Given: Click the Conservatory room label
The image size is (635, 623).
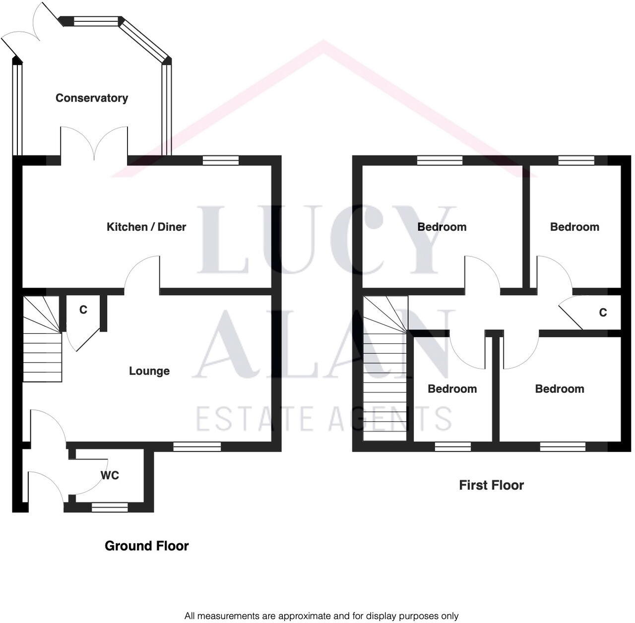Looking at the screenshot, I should [92, 98].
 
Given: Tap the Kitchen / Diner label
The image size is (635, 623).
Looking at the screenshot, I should [146, 227].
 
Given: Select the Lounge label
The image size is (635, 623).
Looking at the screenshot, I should [149, 371].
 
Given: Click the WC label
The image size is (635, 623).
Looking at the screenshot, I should [110, 475].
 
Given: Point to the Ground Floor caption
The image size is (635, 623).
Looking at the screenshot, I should [147, 546].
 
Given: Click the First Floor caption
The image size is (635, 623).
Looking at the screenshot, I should [491, 485].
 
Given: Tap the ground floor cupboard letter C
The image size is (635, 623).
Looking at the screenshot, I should [83, 310].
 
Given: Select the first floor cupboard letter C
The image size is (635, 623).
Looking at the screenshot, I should [603, 312].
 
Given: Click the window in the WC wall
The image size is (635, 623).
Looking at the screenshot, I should [109, 507].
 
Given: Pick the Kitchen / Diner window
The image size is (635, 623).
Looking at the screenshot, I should [220, 160].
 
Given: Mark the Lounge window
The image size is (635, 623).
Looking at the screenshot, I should [197, 447].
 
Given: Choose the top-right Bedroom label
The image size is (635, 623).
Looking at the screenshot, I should [574, 227].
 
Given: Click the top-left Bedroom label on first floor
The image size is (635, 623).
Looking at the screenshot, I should [442, 227].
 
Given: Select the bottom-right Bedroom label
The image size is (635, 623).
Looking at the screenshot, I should [559, 389].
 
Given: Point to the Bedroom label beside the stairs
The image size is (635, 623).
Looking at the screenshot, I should [452, 389].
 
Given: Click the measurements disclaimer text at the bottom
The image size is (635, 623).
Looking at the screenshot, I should [321, 616].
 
